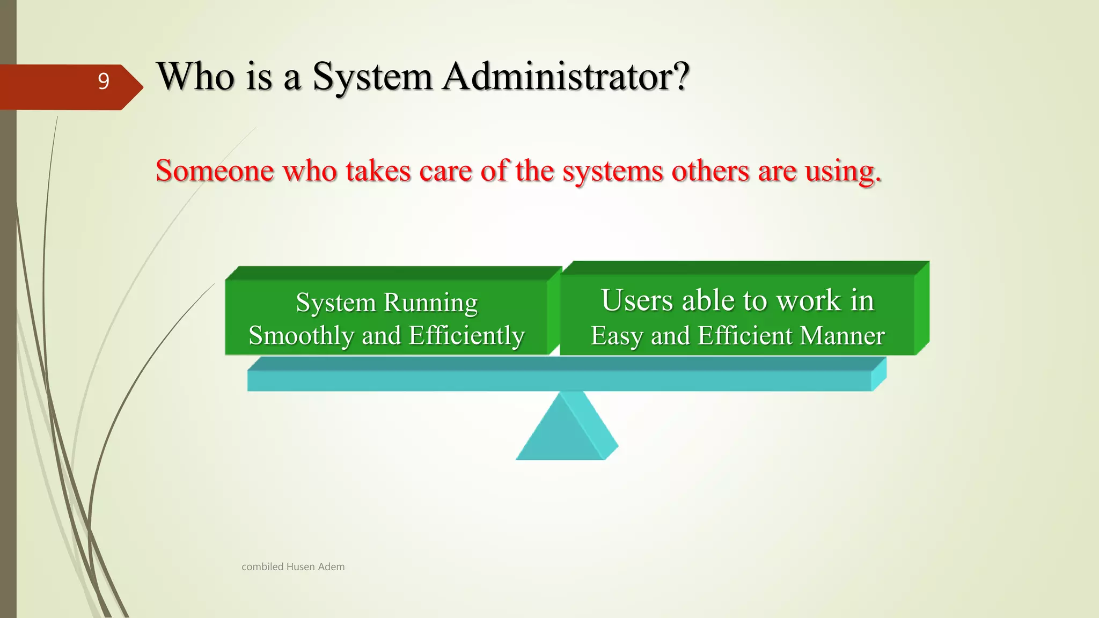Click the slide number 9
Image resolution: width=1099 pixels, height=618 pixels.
click(104, 82)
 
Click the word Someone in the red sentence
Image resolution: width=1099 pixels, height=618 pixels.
click(215, 171)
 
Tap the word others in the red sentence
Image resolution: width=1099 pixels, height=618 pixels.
click(710, 171)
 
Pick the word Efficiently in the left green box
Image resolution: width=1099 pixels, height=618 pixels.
click(466, 336)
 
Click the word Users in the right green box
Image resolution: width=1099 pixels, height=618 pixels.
click(637, 300)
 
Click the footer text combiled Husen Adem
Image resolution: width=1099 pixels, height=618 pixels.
click(293, 566)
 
